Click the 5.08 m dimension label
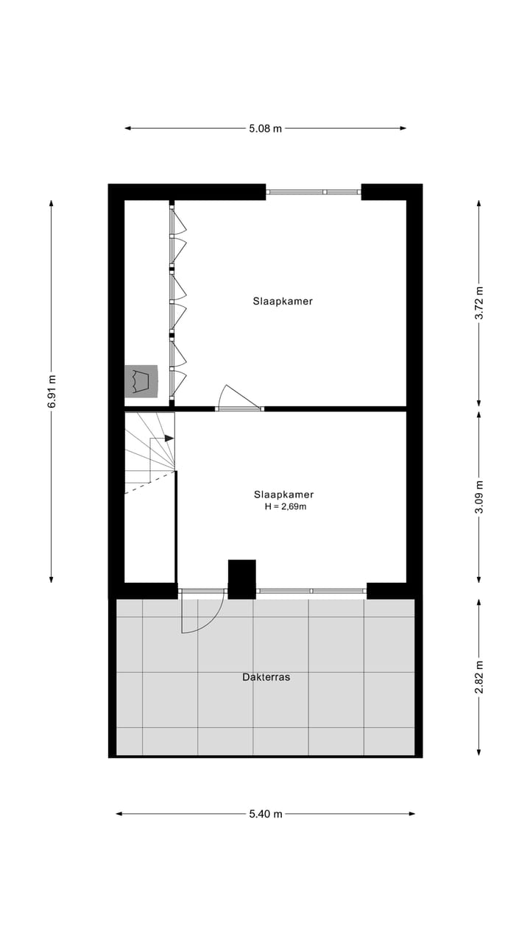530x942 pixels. (265, 128)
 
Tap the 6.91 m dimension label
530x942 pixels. (51, 391)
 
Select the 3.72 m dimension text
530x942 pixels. (479, 302)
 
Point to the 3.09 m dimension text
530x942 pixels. (479, 497)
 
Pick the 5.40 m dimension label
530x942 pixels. (265, 813)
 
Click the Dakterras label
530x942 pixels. (266, 677)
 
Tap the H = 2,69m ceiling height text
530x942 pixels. (286, 506)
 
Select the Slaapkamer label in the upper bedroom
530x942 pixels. (283, 301)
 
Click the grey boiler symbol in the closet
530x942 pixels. (141, 380)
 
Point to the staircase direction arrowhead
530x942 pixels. (169, 438)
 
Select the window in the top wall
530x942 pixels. (314, 192)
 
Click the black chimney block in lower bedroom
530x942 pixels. (241, 578)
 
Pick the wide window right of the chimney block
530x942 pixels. (311, 591)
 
